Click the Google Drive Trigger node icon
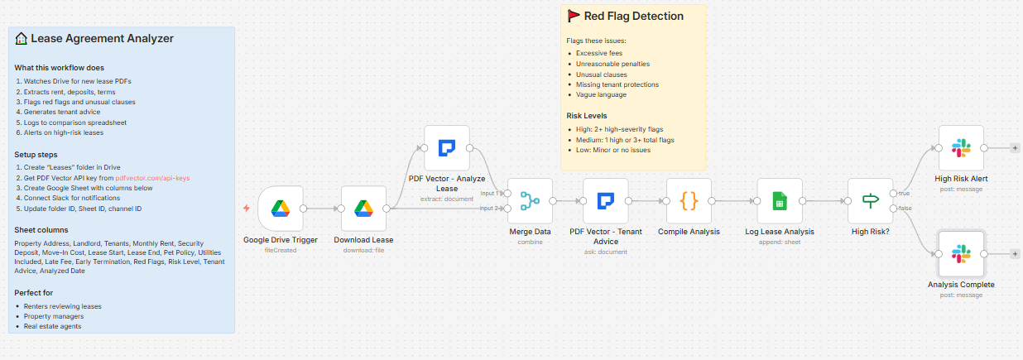(280, 209)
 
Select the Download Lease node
(363, 209)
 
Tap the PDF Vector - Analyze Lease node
(446, 148)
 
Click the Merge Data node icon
(530, 200)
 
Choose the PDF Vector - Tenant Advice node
(606, 200)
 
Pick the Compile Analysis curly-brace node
(689, 200)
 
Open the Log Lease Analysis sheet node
(780, 200)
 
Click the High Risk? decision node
(870, 200)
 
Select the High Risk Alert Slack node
(961, 148)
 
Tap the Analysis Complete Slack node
(961, 253)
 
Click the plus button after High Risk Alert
(1016, 148)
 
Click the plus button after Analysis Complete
(1016, 253)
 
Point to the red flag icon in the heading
(573, 16)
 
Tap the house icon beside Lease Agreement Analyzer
(21, 38)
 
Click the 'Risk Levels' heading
(587, 116)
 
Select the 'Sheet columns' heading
(40, 229)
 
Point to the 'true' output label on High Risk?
(905, 193)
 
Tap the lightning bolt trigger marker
(246, 209)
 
